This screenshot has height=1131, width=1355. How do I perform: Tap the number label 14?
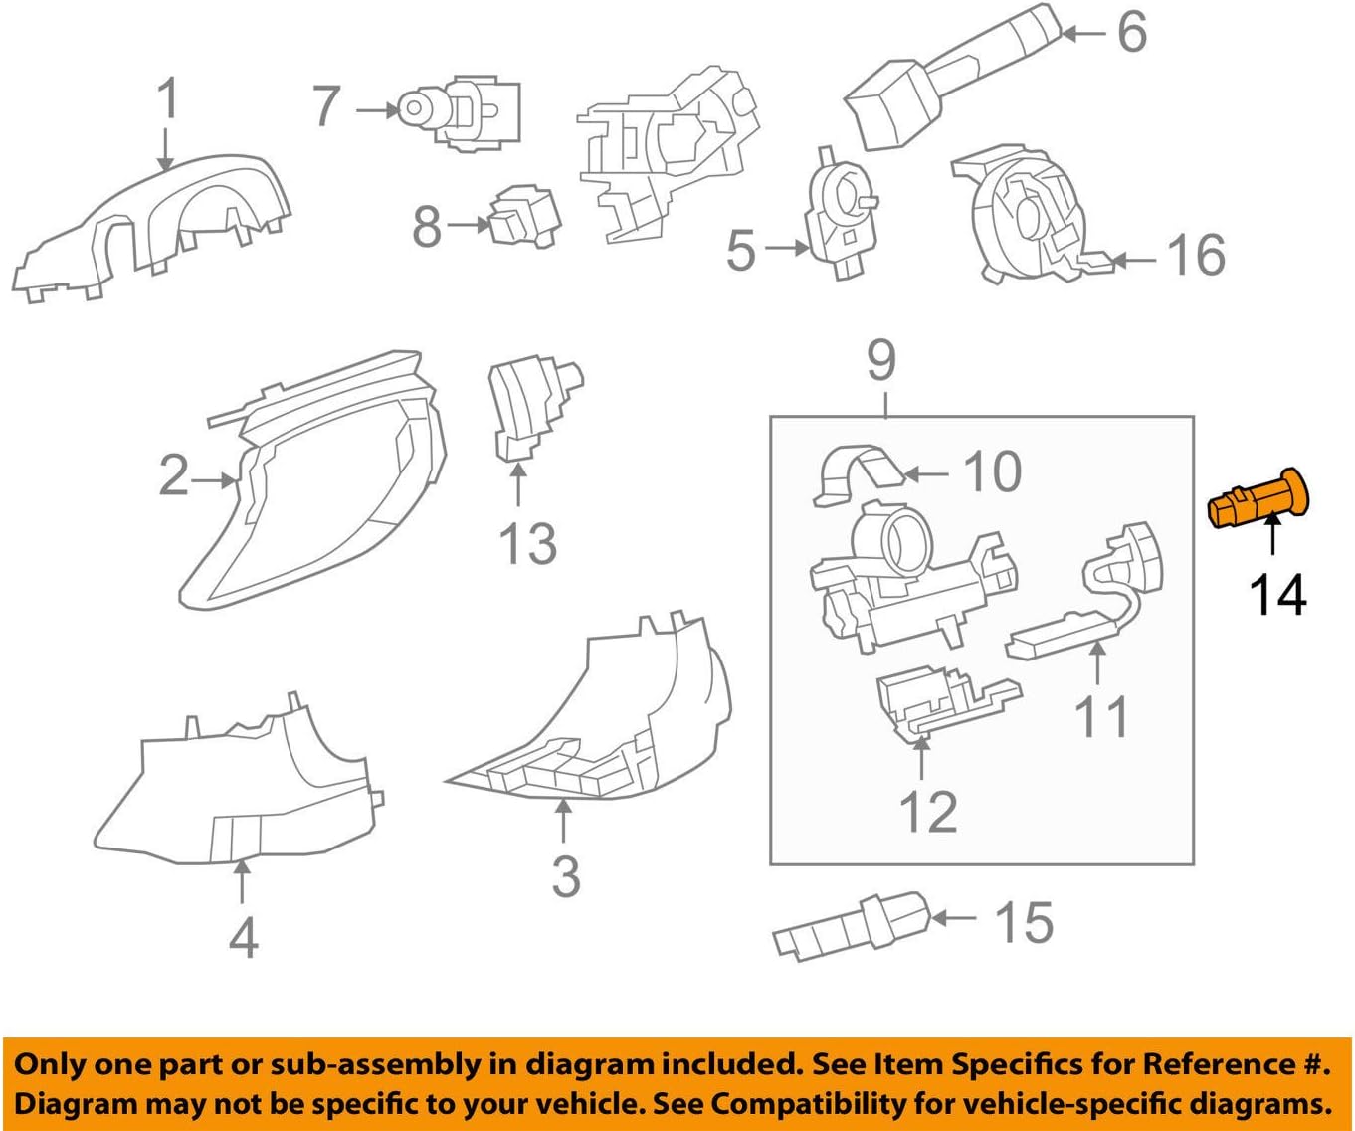(x=1277, y=595)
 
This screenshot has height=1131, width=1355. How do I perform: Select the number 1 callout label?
(x=168, y=99)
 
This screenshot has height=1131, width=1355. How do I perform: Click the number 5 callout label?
(x=741, y=250)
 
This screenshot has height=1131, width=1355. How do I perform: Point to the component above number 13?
(x=527, y=408)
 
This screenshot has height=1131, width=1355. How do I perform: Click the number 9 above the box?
(x=881, y=360)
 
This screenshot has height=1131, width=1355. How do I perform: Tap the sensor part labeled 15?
(x=851, y=925)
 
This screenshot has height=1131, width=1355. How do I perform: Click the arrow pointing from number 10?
(x=926, y=474)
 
